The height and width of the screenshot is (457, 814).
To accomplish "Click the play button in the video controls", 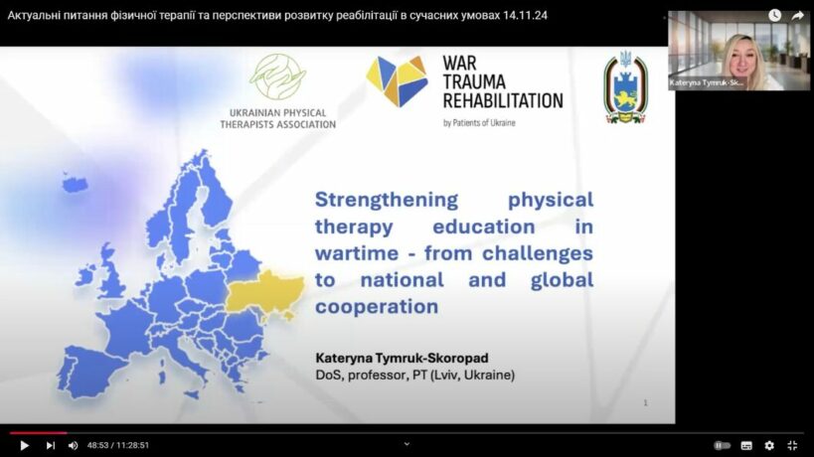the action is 24,446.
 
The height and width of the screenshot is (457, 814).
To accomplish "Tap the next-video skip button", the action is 51,446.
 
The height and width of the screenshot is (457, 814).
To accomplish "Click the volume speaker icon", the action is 74,446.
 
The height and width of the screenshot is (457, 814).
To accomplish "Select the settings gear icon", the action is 769,446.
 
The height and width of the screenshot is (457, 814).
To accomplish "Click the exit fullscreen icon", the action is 792,446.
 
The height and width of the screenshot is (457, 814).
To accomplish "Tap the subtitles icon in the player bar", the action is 746,446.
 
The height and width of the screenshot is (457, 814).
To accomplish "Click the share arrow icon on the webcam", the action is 797,16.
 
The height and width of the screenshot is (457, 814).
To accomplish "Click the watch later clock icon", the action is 774,16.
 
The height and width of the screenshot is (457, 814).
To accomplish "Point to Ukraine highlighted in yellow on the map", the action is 265,294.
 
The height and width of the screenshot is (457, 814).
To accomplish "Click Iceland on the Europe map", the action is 75,183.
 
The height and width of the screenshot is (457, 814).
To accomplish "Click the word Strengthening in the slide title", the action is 387,199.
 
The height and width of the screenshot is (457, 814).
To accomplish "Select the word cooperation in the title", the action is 377,307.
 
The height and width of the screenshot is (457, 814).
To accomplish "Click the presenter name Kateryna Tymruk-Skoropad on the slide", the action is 402,358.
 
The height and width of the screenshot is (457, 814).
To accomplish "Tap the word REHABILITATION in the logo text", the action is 503,100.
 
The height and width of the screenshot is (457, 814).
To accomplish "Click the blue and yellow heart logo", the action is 398,80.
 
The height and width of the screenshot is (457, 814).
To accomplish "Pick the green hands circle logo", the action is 277,76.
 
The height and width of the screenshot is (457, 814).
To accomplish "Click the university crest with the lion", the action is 625,87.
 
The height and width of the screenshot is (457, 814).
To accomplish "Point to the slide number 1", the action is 645,402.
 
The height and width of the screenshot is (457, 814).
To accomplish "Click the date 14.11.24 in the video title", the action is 525,16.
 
